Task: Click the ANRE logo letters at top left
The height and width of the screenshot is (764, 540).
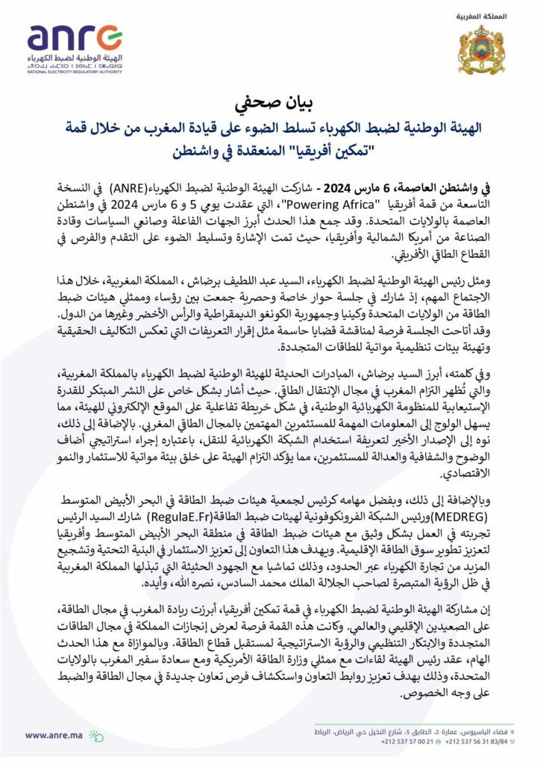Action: tap(75, 38)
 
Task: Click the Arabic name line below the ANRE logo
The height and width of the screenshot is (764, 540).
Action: tap(75, 58)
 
